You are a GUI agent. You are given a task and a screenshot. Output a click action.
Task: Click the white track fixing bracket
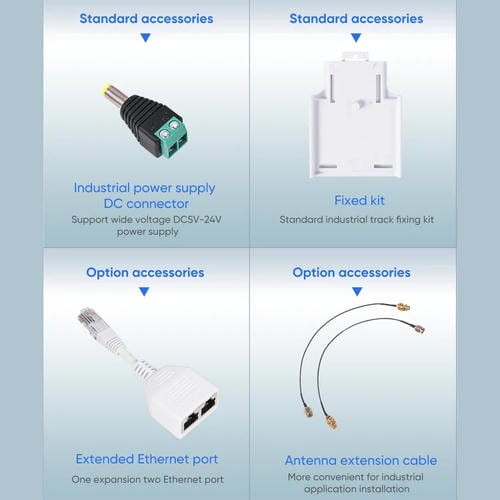click(x=356, y=115)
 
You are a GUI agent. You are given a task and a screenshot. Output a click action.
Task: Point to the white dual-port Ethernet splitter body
click(x=182, y=401)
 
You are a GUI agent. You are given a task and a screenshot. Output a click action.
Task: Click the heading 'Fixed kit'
click(x=359, y=200)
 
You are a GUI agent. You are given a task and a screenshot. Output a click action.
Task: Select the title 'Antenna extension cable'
click(x=361, y=460)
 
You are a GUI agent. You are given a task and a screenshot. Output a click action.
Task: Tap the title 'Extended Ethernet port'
click(x=147, y=459)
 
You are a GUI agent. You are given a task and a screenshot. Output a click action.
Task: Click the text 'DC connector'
click(x=146, y=204)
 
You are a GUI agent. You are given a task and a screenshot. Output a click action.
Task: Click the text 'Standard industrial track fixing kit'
click(x=357, y=219)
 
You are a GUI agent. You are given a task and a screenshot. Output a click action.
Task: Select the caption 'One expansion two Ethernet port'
click(x=147, y=479)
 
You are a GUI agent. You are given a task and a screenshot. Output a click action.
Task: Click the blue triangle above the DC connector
click(x=146, y=37)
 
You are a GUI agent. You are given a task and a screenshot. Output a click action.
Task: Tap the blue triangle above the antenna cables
click(x=357, y=291)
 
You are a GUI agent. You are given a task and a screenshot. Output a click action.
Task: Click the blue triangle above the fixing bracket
click(x=356, y=37)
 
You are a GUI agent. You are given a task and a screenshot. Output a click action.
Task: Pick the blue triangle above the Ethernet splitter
click(x=144, y=291)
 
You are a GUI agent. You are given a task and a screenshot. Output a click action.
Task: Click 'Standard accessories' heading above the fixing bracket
click(x=356, y=19)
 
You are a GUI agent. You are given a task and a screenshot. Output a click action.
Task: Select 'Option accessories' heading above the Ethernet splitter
click(x=145, y=273)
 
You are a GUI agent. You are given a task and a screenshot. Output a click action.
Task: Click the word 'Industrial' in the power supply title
click(x=102, y=188)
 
